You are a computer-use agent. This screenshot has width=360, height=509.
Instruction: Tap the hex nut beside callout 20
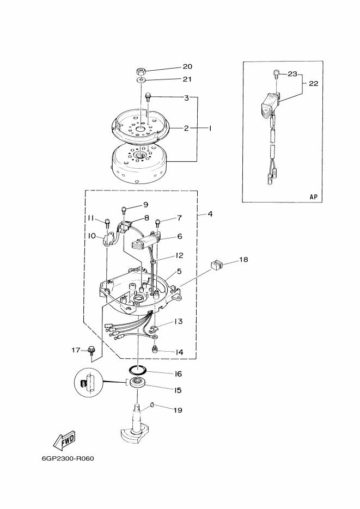(x=140, y=71)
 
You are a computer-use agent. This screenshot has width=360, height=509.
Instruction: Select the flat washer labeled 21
(x=141, y=81)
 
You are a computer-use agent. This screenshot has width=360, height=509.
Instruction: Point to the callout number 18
(x=243, y=260)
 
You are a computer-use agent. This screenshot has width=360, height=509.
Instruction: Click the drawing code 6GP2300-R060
(x=68, y=457)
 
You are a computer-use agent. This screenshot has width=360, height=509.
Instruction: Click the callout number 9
(x=145, y=205)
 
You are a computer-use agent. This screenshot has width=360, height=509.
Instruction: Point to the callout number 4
(x=209, y=214)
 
